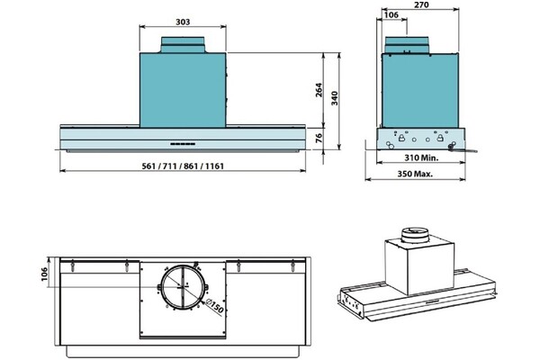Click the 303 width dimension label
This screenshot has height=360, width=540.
click(x=183, y=22)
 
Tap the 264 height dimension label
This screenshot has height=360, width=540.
click(x=319, y=90)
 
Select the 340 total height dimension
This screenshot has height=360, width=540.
click(x=334, y=98)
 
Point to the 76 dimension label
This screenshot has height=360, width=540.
click(x=319, y=138)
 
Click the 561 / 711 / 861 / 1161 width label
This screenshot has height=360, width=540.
click(x=183, y=166)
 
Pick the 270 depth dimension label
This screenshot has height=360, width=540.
click(x=421, y=4)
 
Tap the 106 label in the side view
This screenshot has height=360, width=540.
click(x=391, y=14)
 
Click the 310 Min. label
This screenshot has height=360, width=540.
click(x=421, y=157)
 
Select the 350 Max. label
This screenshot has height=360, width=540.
click(x=415, y=174)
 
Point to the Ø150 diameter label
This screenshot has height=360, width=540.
click(x=214, y=306)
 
